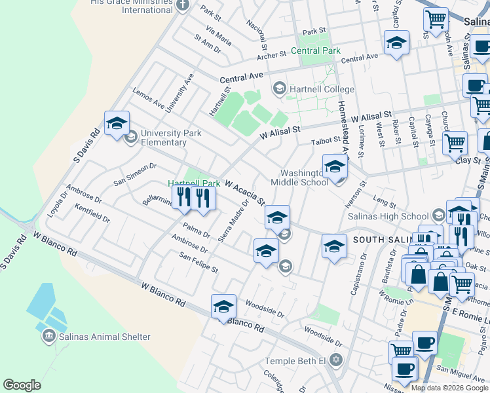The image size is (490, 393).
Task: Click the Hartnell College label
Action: tap(322, 89)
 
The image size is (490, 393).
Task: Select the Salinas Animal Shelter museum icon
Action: tap(48, 337)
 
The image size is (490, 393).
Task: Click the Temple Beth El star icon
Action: tap(336, 361)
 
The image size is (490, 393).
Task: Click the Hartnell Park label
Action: tap(193, 183)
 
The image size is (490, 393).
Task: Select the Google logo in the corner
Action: tap(22, 385)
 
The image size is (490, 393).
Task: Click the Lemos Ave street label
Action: tap(149, 98)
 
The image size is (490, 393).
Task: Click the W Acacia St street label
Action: tap(245, 193)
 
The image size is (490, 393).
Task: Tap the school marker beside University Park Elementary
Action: tap(117, 123)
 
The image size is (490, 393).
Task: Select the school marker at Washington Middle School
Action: tap(334, 167)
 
